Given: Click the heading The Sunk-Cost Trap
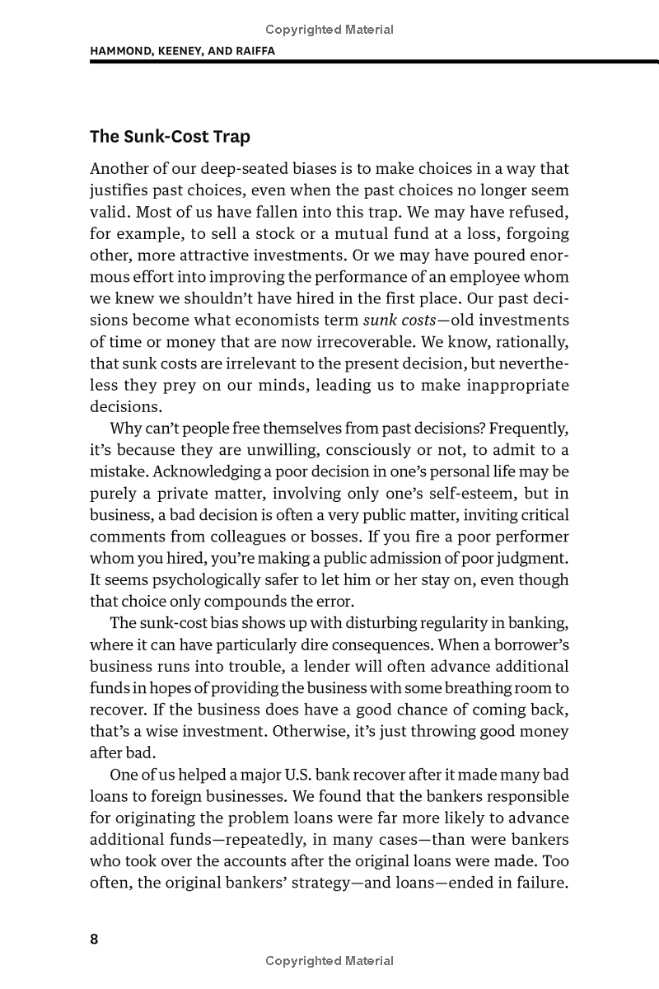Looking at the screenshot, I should (170, 137).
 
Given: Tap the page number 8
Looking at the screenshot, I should (94, 939).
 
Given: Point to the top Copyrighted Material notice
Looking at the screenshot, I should (329, 30).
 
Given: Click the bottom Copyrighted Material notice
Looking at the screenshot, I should (329, 961).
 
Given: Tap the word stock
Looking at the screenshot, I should (259, 233).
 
